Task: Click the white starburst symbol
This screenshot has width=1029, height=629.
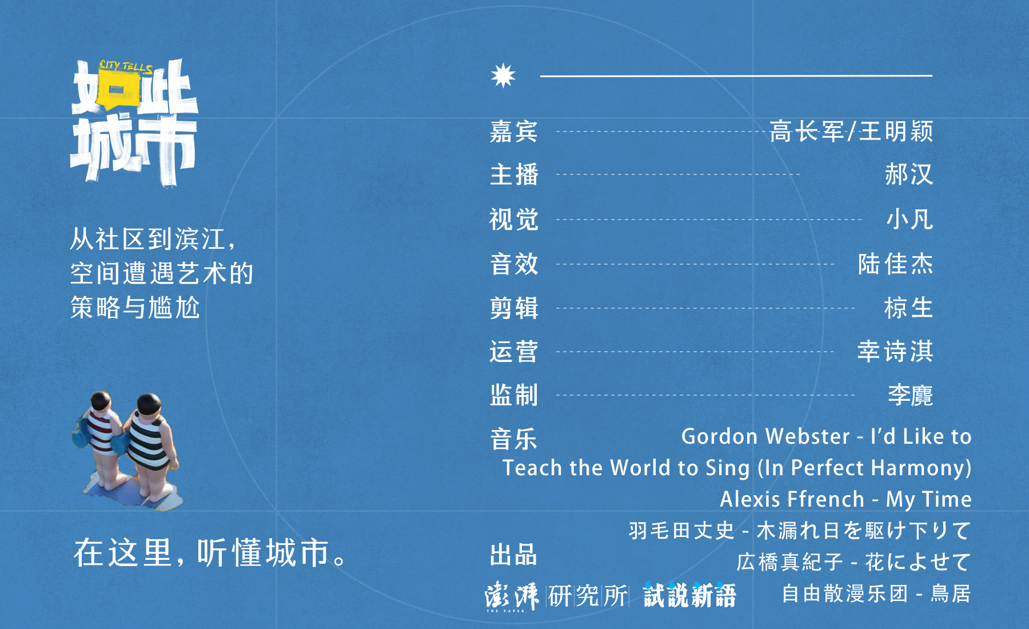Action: coord(503,75)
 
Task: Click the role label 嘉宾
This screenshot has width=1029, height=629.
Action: coord(514,132)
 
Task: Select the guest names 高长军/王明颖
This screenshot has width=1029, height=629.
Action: coord(851,132)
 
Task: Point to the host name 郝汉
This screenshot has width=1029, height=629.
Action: coord(909,174)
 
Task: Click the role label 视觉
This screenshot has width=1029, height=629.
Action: coord(514,220)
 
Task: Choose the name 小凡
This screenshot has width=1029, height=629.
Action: coord(910,220)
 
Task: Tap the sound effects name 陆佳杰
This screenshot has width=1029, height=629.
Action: coord(896,264)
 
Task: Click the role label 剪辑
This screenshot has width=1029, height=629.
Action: coord(514,308)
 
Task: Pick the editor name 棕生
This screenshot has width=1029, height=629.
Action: coord(909,308)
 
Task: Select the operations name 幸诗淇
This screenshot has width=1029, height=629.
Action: coord(896,352)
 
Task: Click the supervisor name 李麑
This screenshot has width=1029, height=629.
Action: coord(911,395)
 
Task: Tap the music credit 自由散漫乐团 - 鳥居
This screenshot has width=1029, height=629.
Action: coord(876,594)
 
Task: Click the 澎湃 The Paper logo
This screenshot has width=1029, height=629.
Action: coord(512,596)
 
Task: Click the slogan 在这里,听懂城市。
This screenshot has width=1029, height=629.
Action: coord(210,552)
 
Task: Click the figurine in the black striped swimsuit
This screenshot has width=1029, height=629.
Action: coord(150,449)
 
